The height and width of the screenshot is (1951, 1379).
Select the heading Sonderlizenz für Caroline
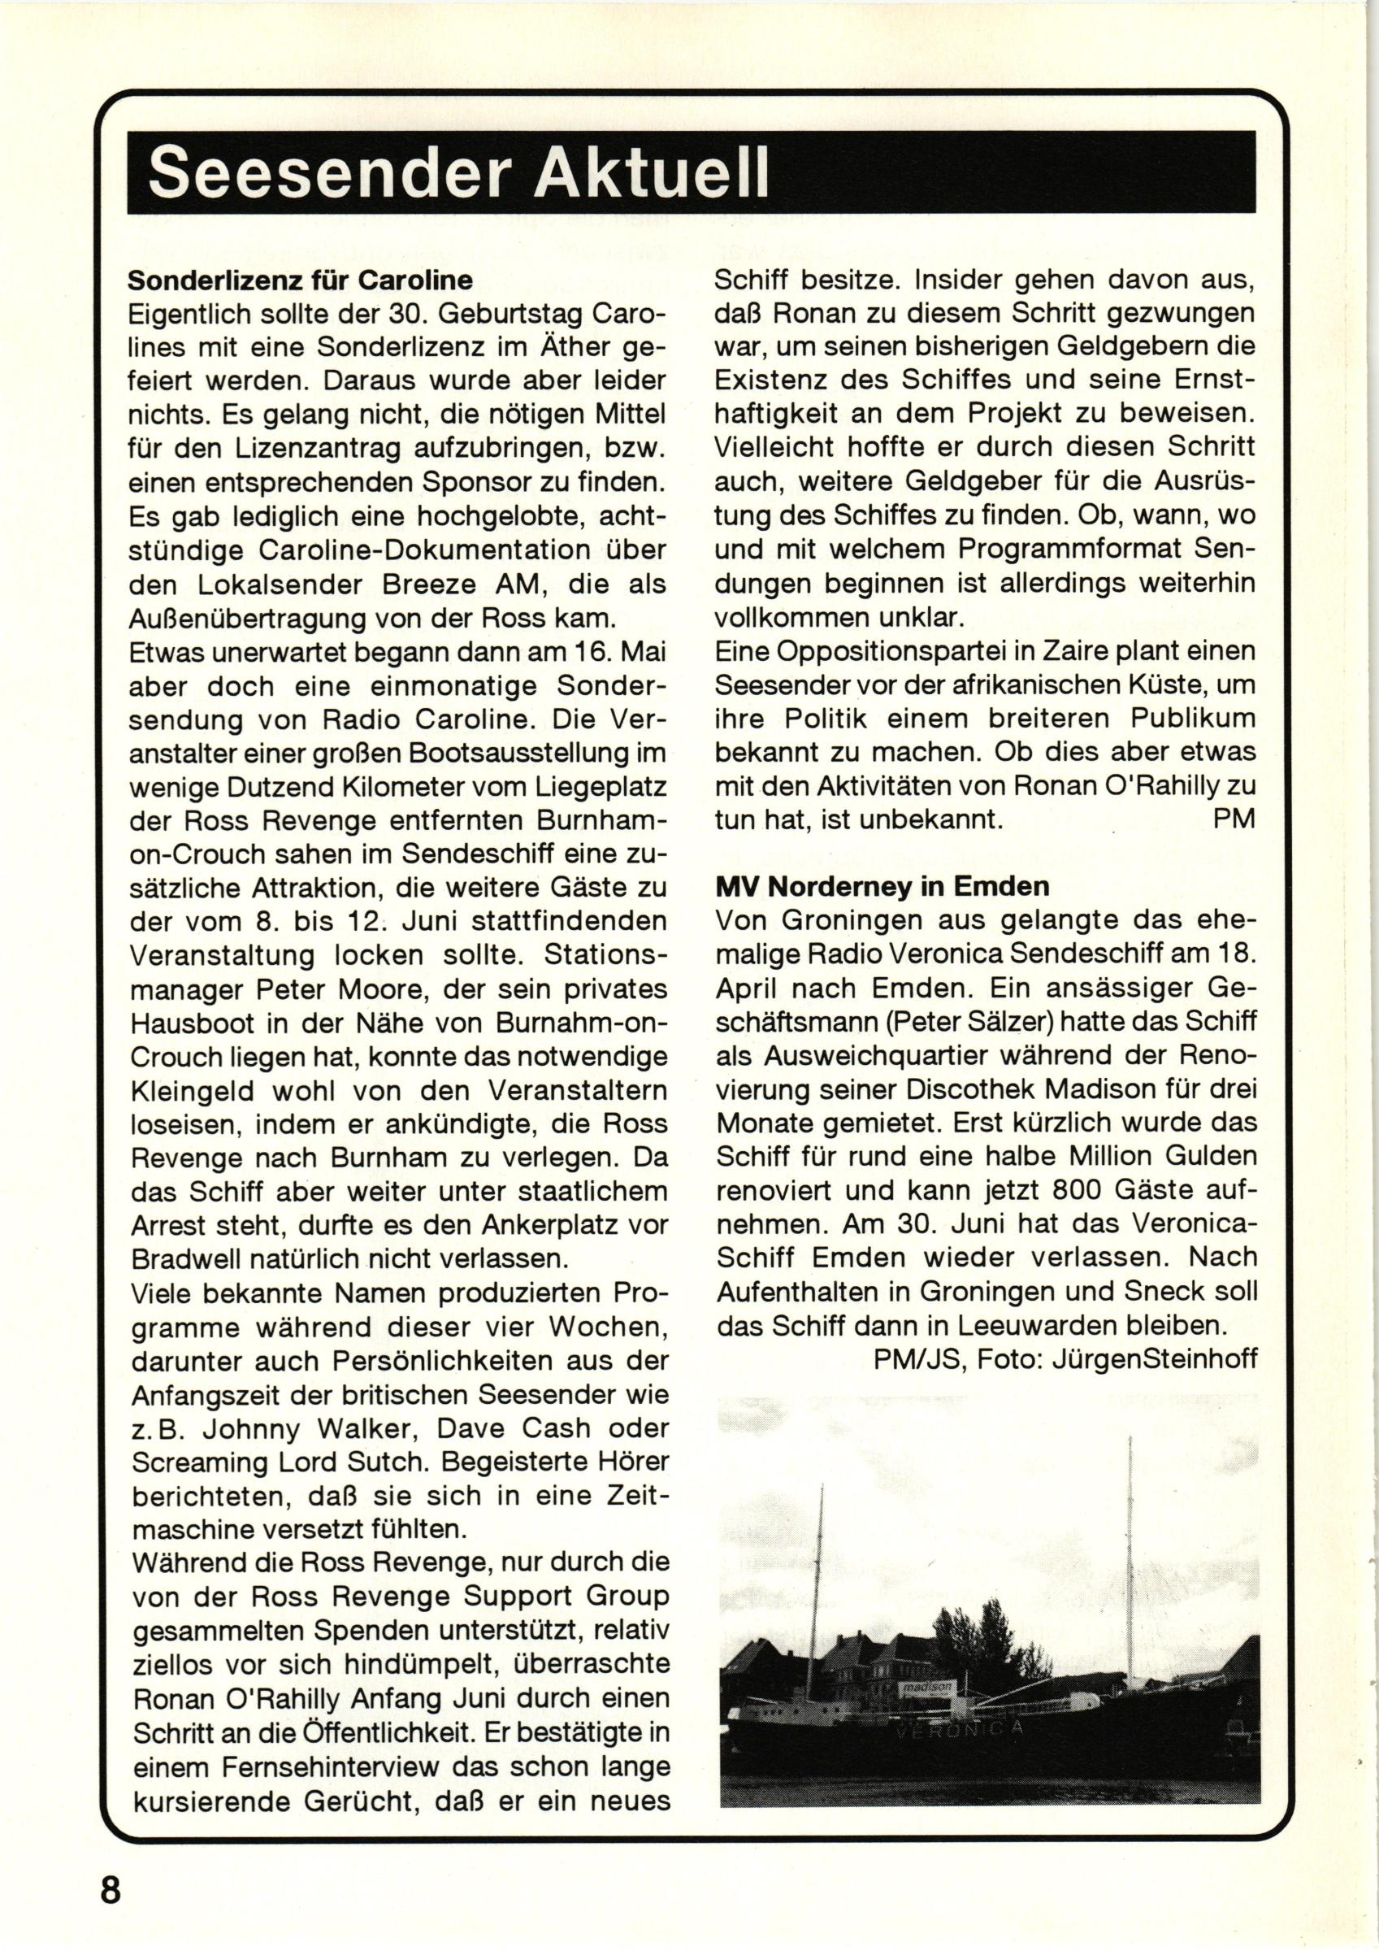tap(300, 280)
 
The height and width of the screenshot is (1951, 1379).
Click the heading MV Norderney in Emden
tap(882, 886)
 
